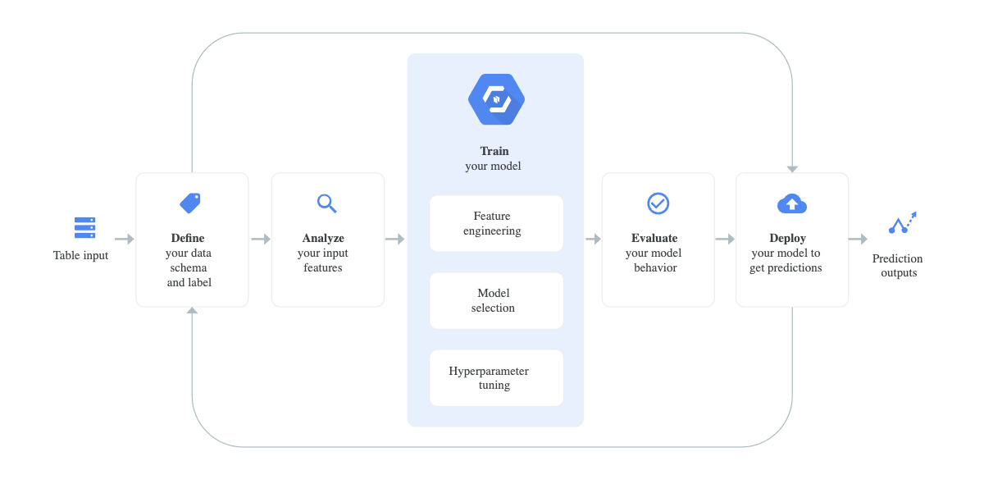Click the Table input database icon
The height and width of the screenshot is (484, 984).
pos(84,227)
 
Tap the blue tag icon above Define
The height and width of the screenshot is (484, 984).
pos(190,203)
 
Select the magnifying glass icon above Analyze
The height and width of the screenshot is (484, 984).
pos(326,203)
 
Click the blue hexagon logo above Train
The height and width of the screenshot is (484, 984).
pos(495,99)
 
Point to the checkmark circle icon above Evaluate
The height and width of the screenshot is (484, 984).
pos(658,203)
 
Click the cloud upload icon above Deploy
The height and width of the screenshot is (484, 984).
pos(791,203)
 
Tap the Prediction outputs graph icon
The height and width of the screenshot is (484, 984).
pos(902,223)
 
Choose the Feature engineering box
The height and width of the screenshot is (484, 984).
pos(496,223)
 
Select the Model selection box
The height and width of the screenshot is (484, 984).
pos(496,300)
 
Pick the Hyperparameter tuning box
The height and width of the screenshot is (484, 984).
pos(496,377)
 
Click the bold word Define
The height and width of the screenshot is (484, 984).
pos(188,239)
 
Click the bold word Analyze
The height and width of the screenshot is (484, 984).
pos(323,239)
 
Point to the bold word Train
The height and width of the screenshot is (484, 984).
pos(494,151)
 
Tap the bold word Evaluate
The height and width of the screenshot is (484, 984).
pos(654,239)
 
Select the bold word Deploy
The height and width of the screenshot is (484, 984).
pos(787,239)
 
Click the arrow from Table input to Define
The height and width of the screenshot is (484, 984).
pos(125,240)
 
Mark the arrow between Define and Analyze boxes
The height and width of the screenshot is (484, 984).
pos(261,240)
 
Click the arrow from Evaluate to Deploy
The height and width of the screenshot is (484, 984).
pos(725,240)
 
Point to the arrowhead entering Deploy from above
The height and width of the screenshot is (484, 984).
pos(792,168)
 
